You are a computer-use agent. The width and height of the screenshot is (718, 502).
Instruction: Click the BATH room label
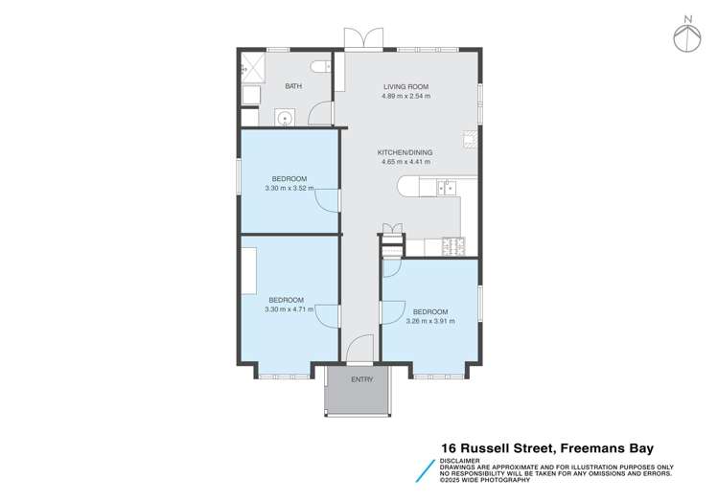(x=293, y=87)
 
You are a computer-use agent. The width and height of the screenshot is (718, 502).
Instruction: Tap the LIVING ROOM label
(x=406, y=86)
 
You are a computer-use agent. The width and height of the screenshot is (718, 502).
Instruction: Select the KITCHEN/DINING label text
(x=406, y=152)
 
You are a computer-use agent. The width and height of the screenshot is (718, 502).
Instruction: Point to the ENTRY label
(x=361, y=380)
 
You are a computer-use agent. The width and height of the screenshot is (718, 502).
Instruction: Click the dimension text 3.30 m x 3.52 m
(x=289, y=188)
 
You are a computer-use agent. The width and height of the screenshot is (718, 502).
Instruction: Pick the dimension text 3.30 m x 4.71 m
(x=289, y=308)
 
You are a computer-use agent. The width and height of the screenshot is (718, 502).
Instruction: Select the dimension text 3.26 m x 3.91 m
(x=430, y=321)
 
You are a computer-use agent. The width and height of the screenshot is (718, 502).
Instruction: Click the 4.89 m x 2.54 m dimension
(x=406, y=96)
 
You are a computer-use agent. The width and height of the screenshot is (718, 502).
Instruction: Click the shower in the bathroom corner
(x=254, y=66)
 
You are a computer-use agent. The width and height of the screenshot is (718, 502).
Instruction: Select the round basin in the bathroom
(x=284, y=118)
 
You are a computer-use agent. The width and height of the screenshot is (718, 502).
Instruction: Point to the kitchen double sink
(x=446, y=188)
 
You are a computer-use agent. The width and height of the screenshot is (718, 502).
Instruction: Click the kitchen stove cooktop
(x=452, y=246)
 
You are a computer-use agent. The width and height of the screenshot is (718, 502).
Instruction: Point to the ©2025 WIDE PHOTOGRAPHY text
(x=484, y=478)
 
